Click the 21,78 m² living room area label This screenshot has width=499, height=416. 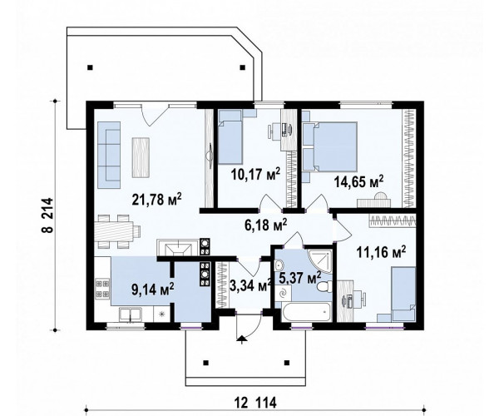[x=156, y=200]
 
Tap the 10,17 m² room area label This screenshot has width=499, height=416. [x=255, y=174]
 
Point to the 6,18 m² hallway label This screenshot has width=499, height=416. [x=266, y=225]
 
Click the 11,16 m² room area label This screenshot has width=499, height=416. [x=381, y=252]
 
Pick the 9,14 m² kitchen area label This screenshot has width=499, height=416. [x=153, y=290]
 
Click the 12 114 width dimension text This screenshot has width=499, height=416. [x=256, y=403]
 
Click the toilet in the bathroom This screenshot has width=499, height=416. [x=324, y=287]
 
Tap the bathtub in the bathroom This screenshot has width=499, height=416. [x=306, y=312]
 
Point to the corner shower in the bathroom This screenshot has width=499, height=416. [x=320, y=261]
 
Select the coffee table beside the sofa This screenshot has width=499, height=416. [x=141, y=157]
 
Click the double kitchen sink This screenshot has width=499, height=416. [x=131, y=315]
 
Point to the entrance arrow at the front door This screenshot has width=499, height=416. [x=242, y=339]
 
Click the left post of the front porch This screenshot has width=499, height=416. [x=206, y=362]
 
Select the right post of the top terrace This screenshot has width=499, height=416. [x=243, y=67]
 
